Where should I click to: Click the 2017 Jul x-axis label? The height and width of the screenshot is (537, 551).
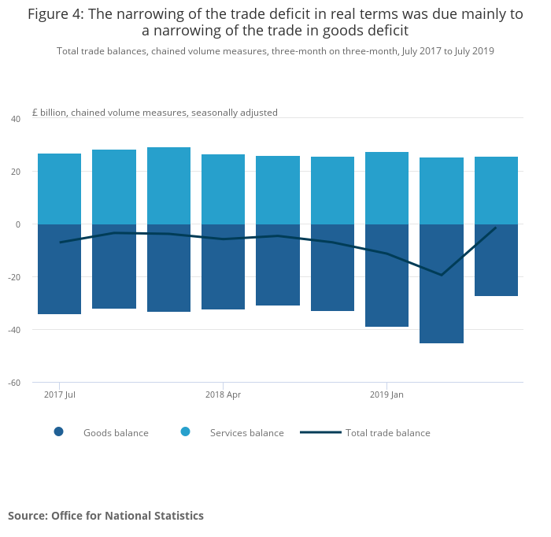pos(59,394)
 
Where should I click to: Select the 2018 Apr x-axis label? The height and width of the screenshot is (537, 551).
pos(223,394)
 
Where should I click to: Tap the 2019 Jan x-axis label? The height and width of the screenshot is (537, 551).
pos(386,394)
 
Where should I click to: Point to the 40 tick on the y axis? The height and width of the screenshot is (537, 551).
pos(15,119)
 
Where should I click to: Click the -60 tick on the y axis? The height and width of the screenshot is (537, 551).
pos(14,383)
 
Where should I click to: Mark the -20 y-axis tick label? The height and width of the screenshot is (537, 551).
pos(14,277)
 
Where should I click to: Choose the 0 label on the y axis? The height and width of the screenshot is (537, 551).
pos(17,224)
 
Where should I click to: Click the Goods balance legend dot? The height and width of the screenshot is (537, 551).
pos(58,431)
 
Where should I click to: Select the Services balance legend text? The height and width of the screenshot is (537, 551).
pos(246,433)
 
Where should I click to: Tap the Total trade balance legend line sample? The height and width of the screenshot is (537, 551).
pos(320,432)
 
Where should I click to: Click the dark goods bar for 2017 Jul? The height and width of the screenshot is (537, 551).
pos(59,269)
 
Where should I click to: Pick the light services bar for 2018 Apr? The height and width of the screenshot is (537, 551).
pos(223,189)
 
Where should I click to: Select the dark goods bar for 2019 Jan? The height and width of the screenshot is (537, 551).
pos(386,276)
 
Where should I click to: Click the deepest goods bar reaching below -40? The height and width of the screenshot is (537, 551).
pos(441,283)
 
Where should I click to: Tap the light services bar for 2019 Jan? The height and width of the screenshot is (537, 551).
pos(386,188)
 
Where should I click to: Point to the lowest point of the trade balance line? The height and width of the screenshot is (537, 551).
pos(441,275)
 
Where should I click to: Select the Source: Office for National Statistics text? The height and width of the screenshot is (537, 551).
pos(105,516)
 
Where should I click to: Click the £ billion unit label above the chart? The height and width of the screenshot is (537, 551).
pos(155,113)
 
